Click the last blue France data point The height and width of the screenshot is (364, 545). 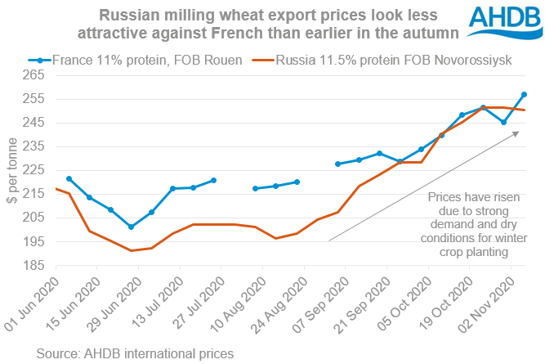click(524, 94)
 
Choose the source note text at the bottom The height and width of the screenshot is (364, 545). click(135, 353)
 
